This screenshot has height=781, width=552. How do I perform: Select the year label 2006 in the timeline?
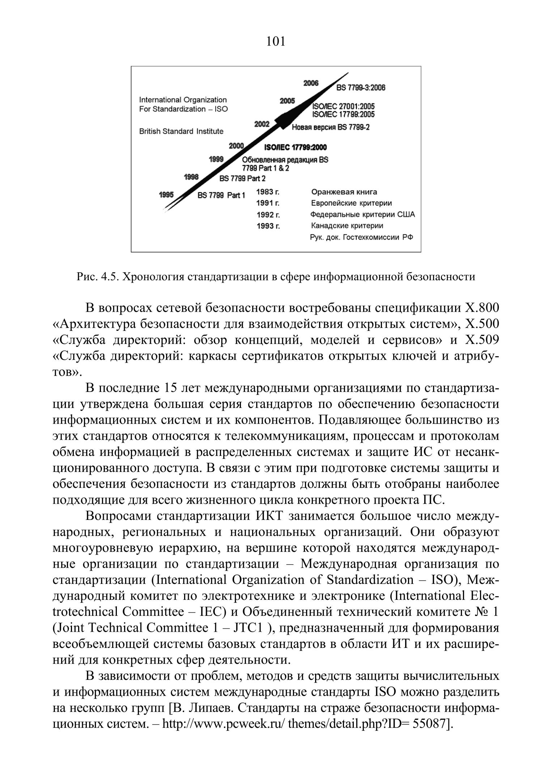[311, 84]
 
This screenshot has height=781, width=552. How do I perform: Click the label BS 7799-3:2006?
[361, 88]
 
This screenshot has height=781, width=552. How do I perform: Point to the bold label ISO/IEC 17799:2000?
[296, 148]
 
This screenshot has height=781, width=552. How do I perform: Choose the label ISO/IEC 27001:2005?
[343, 107]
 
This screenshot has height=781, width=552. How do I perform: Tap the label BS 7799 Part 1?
[221, 196]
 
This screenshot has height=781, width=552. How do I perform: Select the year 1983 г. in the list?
[268, 192]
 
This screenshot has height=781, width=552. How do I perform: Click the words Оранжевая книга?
[344, 192]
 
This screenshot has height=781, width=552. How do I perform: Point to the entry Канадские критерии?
[347, 226]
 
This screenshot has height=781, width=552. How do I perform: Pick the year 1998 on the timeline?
[191, 177]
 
